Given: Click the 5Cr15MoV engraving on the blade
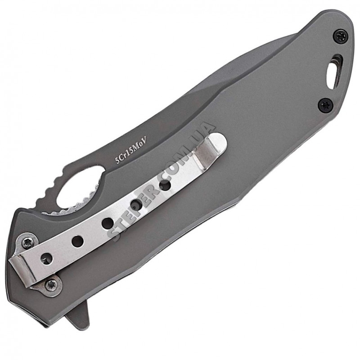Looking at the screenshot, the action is coord(130,150).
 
